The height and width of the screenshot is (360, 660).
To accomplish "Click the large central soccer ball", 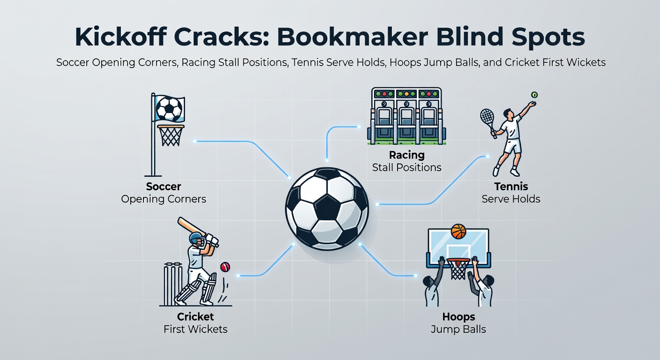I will tap(327, 207).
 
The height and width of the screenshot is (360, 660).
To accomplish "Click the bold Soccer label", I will tap(164, 187).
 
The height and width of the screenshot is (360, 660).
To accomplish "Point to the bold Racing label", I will tap(406, 155).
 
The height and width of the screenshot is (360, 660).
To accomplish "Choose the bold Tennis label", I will tap(511, 187).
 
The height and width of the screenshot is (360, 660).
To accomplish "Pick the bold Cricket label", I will tap(195, 316).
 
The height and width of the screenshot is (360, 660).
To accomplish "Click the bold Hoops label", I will tap(458, 317).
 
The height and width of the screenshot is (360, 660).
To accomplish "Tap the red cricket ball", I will tap(225, 267).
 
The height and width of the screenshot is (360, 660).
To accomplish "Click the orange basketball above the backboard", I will tap(458, 231).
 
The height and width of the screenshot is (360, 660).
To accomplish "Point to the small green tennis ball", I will tap(534, 94).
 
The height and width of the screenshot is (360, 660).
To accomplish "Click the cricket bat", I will tap(192, 226).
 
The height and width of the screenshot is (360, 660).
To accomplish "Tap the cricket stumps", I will tap(172, 284).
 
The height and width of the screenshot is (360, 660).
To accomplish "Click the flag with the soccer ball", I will tap(169, 109).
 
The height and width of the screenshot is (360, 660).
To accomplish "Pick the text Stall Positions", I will tap(406, 167).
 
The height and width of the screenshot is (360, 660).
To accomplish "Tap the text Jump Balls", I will tap(458, 329).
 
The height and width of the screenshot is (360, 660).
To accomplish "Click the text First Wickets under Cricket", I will tap(195, 329).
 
